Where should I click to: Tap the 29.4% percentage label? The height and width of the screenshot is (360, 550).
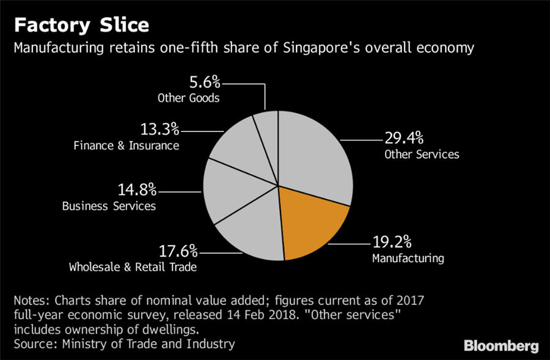click(404, 138)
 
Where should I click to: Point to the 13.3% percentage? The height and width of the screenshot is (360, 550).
click(158, 129)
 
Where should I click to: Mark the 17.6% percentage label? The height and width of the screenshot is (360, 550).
click(178, 251)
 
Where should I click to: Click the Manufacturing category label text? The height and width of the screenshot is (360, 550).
click(408, 258)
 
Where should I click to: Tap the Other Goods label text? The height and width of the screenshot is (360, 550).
click(188, 98)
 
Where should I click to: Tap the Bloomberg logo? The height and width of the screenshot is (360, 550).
click(501, 346)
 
